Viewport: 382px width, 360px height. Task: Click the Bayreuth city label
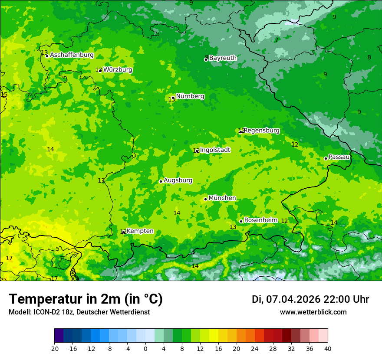click(x=223, y=58)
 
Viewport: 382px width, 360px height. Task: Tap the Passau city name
click(x=339, y=157)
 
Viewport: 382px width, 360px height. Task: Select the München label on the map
click(x=222, y=198)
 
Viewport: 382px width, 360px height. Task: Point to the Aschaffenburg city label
click(x=72, y=55)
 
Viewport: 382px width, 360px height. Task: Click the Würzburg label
click(x=118, y=70)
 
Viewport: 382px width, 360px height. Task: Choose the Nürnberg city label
click(x=190, y=96)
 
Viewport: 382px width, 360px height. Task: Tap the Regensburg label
click(x=261, y=131)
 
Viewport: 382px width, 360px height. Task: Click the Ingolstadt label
click(x=215, y=150)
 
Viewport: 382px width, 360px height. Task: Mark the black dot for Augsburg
click(x=161, y=181)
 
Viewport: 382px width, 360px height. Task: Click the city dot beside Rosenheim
click(x=241, y=221)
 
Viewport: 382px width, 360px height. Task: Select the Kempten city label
click(x=140, y=231)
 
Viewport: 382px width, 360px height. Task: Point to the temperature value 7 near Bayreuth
click(x=276, y=40)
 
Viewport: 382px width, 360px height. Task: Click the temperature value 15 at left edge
click(x=4, y=95)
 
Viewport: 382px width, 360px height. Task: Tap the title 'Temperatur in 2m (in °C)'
click(x=86, y=299)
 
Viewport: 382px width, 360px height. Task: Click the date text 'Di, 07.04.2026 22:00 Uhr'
click(x=310, y=299)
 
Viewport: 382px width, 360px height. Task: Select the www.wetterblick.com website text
click(x=313, y=312)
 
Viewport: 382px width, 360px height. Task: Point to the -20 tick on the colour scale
click(x=54, y=349)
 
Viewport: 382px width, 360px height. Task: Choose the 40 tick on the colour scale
click(x=328, y=349)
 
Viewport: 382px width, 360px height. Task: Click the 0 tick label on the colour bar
click(x=145, y=349)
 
